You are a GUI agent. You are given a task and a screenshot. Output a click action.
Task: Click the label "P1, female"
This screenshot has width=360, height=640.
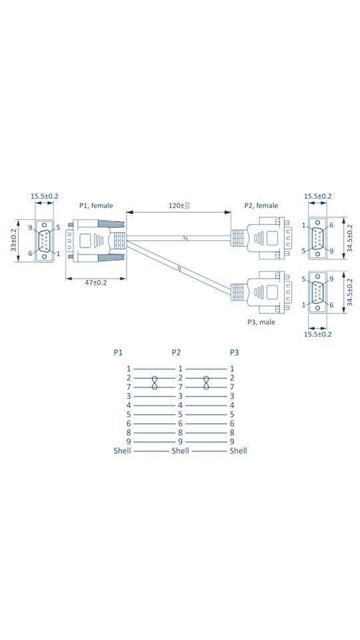(96, 205)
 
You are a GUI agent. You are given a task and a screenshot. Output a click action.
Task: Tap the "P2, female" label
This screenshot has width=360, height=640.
(261, 205)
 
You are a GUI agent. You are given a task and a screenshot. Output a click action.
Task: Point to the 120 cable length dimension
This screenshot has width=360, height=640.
(178, 205)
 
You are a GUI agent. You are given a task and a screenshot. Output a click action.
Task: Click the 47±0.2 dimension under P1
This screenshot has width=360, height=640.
(95, 283)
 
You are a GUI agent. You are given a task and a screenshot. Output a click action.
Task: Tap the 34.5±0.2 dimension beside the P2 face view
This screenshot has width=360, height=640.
(350, 239)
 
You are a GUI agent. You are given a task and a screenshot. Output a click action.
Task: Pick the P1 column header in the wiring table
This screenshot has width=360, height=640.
(119, 352)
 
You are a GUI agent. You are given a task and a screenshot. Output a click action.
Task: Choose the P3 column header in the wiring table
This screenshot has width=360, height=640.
(234, 352)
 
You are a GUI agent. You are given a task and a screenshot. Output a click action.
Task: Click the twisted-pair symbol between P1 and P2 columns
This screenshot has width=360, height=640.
(155, 382)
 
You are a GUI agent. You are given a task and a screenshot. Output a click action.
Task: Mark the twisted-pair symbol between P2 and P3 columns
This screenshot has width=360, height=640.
(206, 382)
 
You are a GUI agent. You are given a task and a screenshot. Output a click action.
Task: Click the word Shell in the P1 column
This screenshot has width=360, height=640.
(122, 451)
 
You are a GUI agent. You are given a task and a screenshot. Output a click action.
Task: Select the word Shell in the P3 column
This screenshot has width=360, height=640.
(238, 451)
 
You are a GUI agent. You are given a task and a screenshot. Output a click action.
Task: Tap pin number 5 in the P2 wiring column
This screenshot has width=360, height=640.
(180, 414)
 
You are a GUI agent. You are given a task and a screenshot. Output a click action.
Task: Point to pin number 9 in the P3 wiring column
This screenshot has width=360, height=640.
(232, 441)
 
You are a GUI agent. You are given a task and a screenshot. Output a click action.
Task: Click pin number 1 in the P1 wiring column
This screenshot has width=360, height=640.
(129, 368)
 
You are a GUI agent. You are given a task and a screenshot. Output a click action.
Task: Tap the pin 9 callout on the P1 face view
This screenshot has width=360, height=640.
(31, 228)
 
